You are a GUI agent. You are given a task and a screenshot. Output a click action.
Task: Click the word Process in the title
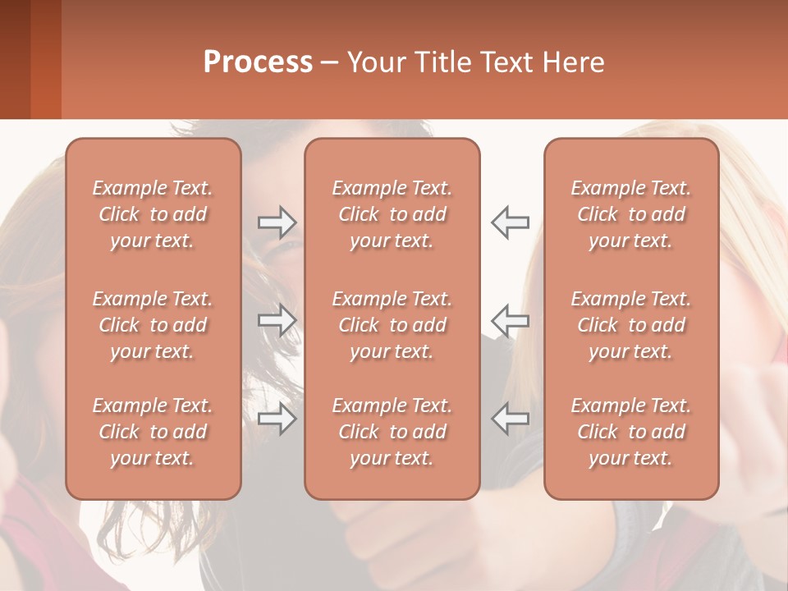click(x=258, y=62)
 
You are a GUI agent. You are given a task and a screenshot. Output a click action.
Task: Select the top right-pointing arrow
click(x=277, y=222)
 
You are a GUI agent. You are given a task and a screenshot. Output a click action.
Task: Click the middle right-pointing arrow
click(x=277, y=320)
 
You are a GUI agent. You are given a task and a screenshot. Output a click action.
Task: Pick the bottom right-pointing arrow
click(x=277, y=419)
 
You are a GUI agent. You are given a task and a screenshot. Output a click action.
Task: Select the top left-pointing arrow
click(x=510, y=222)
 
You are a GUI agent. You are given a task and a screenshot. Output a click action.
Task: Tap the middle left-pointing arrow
click(x=510, y=320)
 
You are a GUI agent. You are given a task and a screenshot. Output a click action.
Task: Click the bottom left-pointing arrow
click(x=510, y=419)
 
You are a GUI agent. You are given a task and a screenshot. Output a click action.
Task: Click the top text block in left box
click(x=153, y=214)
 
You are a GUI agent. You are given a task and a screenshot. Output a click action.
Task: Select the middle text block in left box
click(x=153, y=325)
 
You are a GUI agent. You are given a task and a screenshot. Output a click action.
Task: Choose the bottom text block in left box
click(x=153, y=432)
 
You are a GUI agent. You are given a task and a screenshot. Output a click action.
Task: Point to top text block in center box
click(x=392, y=214)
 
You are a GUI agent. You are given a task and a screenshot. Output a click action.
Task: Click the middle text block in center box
click(x=392, y=325)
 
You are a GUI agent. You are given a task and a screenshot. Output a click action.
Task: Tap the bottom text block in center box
click(x=392, y=432)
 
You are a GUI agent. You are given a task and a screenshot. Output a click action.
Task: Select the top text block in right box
click(x=631, y=214)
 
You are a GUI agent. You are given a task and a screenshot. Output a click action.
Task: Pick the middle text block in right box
click(x=631, y=325)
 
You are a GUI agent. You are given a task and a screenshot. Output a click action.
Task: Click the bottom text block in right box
click(x=631, y=432)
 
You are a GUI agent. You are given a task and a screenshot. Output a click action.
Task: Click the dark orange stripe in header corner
click(x=45, y=59)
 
